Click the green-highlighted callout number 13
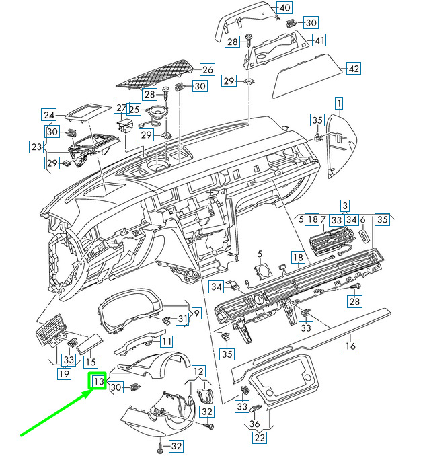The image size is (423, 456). tap(98, 381)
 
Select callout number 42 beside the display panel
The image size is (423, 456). tap(354, 69)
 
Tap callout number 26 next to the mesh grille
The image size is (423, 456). tap(208, 69)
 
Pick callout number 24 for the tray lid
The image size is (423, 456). tap(49, 115)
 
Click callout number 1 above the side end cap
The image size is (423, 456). tap(339, 103)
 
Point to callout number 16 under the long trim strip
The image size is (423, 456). tap(350, 346)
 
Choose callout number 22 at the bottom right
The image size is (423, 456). tap(260, 437)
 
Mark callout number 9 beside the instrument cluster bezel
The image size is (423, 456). tap(196, 313)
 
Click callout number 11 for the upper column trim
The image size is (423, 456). tap(166, 341)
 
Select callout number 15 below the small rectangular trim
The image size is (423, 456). tap(90, 362)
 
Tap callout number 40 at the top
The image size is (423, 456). tap(284, 8)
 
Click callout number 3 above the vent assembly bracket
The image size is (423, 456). tap(345, 206)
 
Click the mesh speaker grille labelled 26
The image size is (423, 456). tap(155, 74)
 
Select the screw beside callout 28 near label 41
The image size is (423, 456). tap(249, 41)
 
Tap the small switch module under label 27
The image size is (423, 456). tap(125, 126)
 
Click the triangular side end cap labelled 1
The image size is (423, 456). tap(342, 145)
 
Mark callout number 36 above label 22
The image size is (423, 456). tap(254, 424)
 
